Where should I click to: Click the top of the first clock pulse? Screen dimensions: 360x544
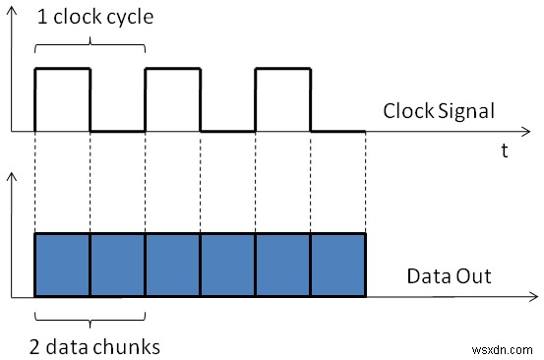(x=62, y=68)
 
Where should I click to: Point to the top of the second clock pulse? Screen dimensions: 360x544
(x=172, y=68)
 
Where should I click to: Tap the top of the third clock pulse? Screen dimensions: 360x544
(x=282, y=68)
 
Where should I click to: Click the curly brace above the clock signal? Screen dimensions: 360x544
(x=90, y=44)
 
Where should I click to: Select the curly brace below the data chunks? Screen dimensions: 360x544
(x=90, y=317)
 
